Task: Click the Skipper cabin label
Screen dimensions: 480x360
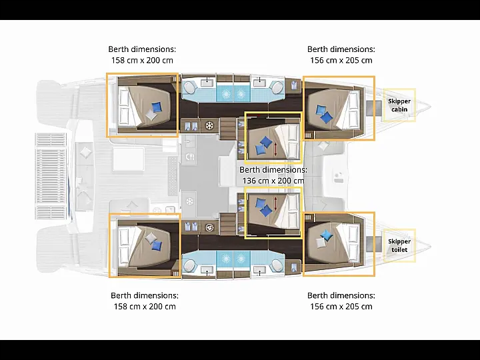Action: tap(399, 105)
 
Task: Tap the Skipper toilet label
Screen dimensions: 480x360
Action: tap(399, 245)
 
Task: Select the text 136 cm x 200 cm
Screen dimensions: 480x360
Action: tap(273, 181)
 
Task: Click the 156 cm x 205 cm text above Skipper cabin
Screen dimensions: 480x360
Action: tap(341, 60)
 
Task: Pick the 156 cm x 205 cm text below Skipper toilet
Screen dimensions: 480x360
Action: tap(341, 307)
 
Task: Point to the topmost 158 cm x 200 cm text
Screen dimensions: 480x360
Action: tap(142, 60)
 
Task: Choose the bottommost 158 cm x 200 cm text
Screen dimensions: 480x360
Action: tap(145, 307)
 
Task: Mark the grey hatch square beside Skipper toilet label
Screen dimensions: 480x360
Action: tap(374, 244)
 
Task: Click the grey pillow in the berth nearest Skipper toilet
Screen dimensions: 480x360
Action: tap(321, 243)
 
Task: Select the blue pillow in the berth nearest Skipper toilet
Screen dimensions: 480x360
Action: tap(327, 235)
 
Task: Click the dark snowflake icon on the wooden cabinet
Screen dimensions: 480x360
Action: tap(209, 125)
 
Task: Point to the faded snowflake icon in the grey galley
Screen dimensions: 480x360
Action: tap(190, 201)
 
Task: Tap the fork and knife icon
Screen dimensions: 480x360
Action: tap(190, 157)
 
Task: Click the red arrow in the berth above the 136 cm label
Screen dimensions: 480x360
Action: tap(276, 149)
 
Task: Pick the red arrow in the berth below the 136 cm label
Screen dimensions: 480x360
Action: tap(276, 203)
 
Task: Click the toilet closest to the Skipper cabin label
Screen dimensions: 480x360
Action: tap(278, 88)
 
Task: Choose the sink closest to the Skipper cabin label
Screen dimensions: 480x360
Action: tap(259, 83)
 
